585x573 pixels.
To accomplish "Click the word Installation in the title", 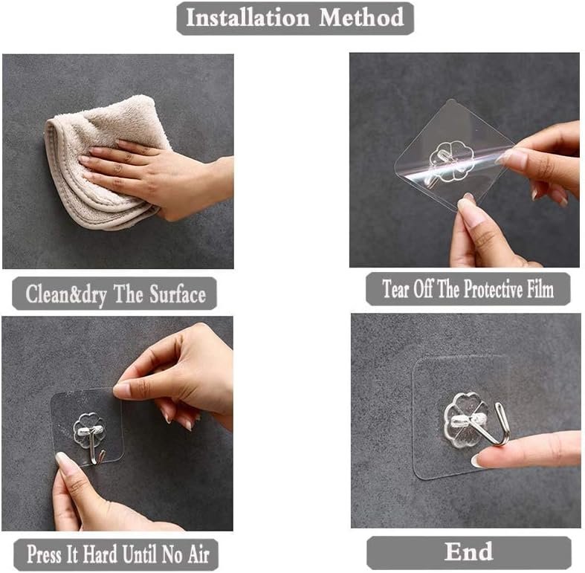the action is click(248, 18).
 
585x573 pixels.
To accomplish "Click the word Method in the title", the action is click(361, 18).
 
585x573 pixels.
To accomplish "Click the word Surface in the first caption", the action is click(178, 294).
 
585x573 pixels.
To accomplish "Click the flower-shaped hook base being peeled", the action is click(451, 161).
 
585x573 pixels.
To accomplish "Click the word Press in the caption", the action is click(44, 554).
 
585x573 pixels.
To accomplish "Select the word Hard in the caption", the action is click(100, 554).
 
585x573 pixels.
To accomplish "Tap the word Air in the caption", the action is click(198, 554).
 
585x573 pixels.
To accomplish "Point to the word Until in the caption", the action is click(139, 554).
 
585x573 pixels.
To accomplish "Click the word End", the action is click(468, 551).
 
